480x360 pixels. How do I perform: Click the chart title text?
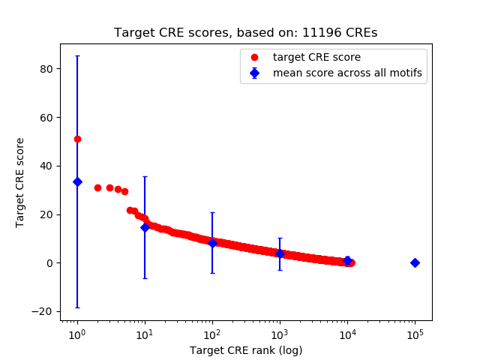coord(245,33)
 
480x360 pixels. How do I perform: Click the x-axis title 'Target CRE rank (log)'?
coord(246,350)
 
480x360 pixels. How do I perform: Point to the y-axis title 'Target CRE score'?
coord(20,182)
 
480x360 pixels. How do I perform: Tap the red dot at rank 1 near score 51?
coord(77,139)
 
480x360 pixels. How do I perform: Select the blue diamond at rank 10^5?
coord(415,262)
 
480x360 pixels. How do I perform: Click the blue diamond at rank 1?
coord(77,181)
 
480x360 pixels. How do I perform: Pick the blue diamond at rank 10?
coord(145,227)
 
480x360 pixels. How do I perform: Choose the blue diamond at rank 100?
coord(212,243)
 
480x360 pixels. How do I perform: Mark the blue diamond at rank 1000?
coord(280,253)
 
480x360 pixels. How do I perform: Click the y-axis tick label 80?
coord(48,69)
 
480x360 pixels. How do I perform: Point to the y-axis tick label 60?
coord(48,118)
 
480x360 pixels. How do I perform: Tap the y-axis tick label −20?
coord(45,311)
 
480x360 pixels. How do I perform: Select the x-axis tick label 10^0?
coord(76,334)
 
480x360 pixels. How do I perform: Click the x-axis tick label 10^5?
coord(415,334)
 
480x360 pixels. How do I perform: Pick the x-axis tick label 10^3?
coord(280,334)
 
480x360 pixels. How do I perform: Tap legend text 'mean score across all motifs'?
coord(347,73)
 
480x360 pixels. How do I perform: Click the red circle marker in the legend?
coord(255,57)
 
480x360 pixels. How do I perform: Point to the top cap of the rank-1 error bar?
coord(77,55)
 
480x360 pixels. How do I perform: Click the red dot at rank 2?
coord(97,187)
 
